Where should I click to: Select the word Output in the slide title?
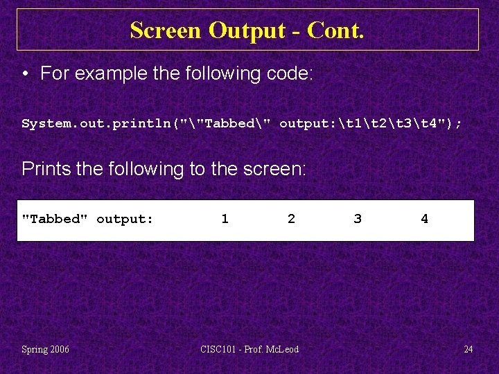click(248, 30)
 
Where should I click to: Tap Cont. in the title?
click(335, 30)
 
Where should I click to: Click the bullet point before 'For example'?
click(26, 73)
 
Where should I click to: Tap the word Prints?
click(44, 168)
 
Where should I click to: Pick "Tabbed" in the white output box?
click(55, 219)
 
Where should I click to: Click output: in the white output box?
click(125, 219)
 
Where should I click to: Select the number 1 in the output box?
click(225, 219)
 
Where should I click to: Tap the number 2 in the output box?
click(291, 219)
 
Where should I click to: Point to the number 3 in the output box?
click(358, 219)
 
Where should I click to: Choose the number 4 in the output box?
click(424, 219)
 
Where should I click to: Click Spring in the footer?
click(34, 349)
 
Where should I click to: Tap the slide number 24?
click(468, 349)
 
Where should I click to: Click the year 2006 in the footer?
click(60, 349)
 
